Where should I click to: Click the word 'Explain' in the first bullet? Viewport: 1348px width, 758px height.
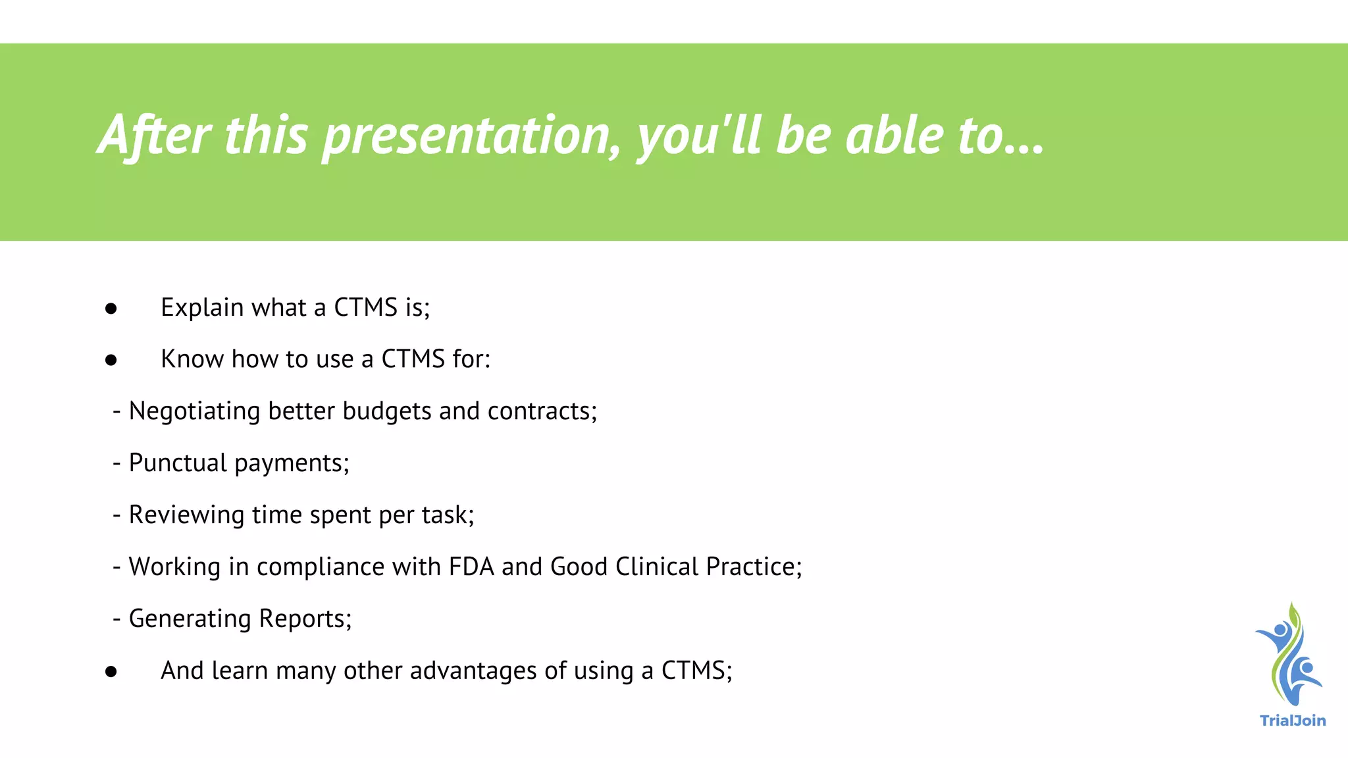(x=202, y=308)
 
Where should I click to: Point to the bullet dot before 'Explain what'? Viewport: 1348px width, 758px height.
(x=111, y=309)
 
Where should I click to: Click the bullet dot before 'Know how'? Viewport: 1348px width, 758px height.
(x=111, y=360)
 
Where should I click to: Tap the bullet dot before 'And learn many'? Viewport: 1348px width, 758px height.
(x=111, y=672)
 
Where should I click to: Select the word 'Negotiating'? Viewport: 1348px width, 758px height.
(x=194, y=412)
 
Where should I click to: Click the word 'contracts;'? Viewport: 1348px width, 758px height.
(x=542, y=411)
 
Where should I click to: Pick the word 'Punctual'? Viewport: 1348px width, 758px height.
(x=178, y=463)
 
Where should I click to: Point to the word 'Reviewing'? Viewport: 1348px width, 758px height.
(x=186, y=515)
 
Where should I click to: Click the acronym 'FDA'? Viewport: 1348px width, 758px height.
(x=471, y=567)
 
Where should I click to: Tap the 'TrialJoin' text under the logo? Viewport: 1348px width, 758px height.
(x=1292, y=720)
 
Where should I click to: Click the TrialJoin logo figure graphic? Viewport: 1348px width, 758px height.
(x=1288, y=655)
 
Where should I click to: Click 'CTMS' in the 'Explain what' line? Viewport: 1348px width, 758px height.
(x=365, y=308)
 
